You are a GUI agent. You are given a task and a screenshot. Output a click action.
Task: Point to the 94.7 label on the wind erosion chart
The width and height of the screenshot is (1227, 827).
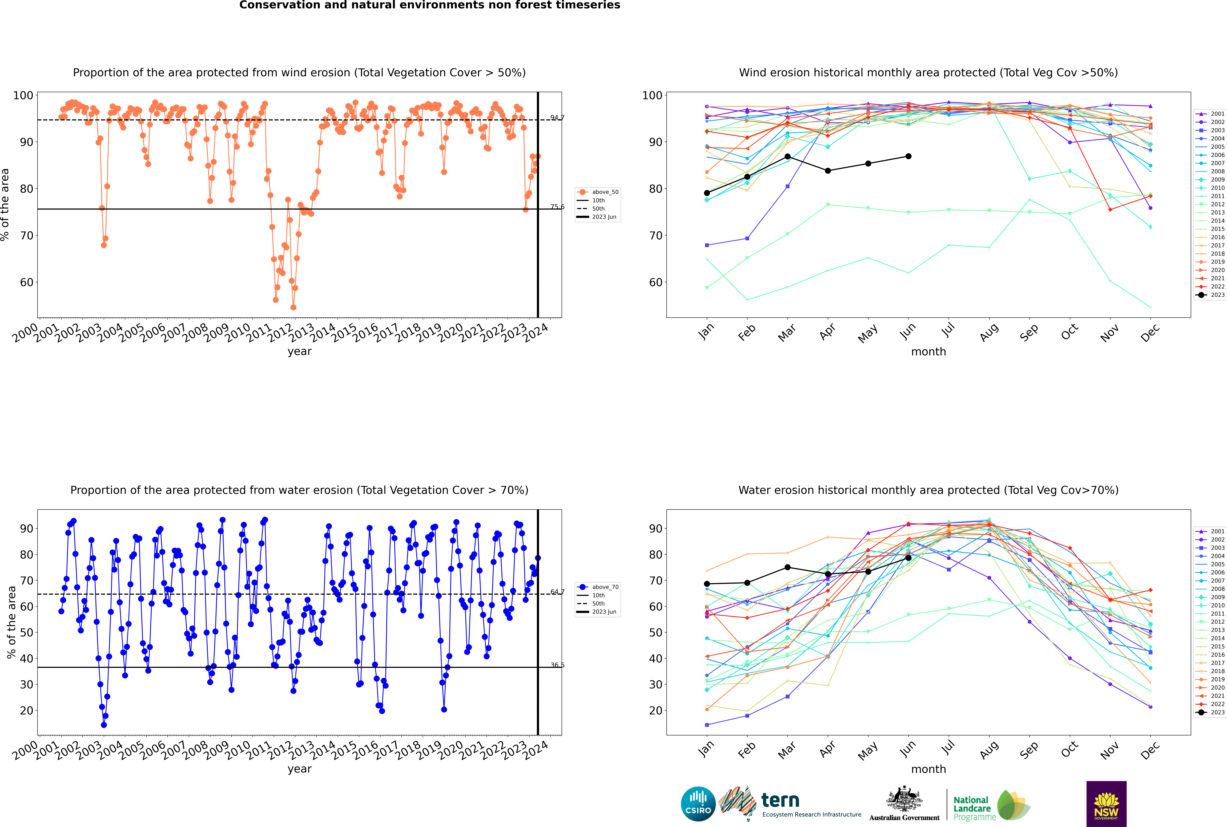[x=557, y=118]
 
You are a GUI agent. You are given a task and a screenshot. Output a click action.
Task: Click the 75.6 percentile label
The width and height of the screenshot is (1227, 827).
[x=557, y=207]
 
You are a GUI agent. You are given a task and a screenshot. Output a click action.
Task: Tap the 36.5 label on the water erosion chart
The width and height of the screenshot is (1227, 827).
[x=557, y=665]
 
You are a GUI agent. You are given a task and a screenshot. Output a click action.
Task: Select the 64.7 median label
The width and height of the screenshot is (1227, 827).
[x=557, y=592]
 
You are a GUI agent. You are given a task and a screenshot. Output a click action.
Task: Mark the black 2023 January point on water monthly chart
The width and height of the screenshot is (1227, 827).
[x=707, y=584]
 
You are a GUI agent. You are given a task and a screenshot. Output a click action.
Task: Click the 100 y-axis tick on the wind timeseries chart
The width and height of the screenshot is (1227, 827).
[x=23, y=95]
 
